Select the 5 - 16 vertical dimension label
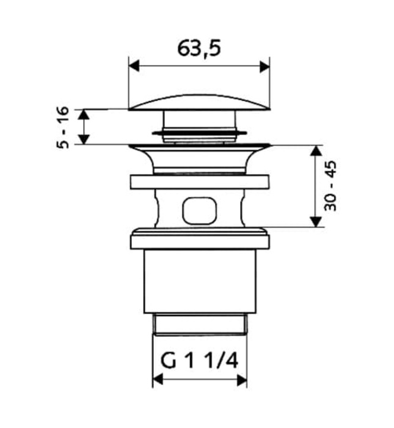point(64,127)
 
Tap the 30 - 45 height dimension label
point(330,186)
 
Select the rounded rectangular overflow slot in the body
point(199,210)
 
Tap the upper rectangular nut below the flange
point(199,182)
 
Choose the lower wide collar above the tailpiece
point(199,239)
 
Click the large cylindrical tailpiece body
point(199,281)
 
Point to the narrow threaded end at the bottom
point(199,326)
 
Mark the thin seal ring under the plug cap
point(199,132)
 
